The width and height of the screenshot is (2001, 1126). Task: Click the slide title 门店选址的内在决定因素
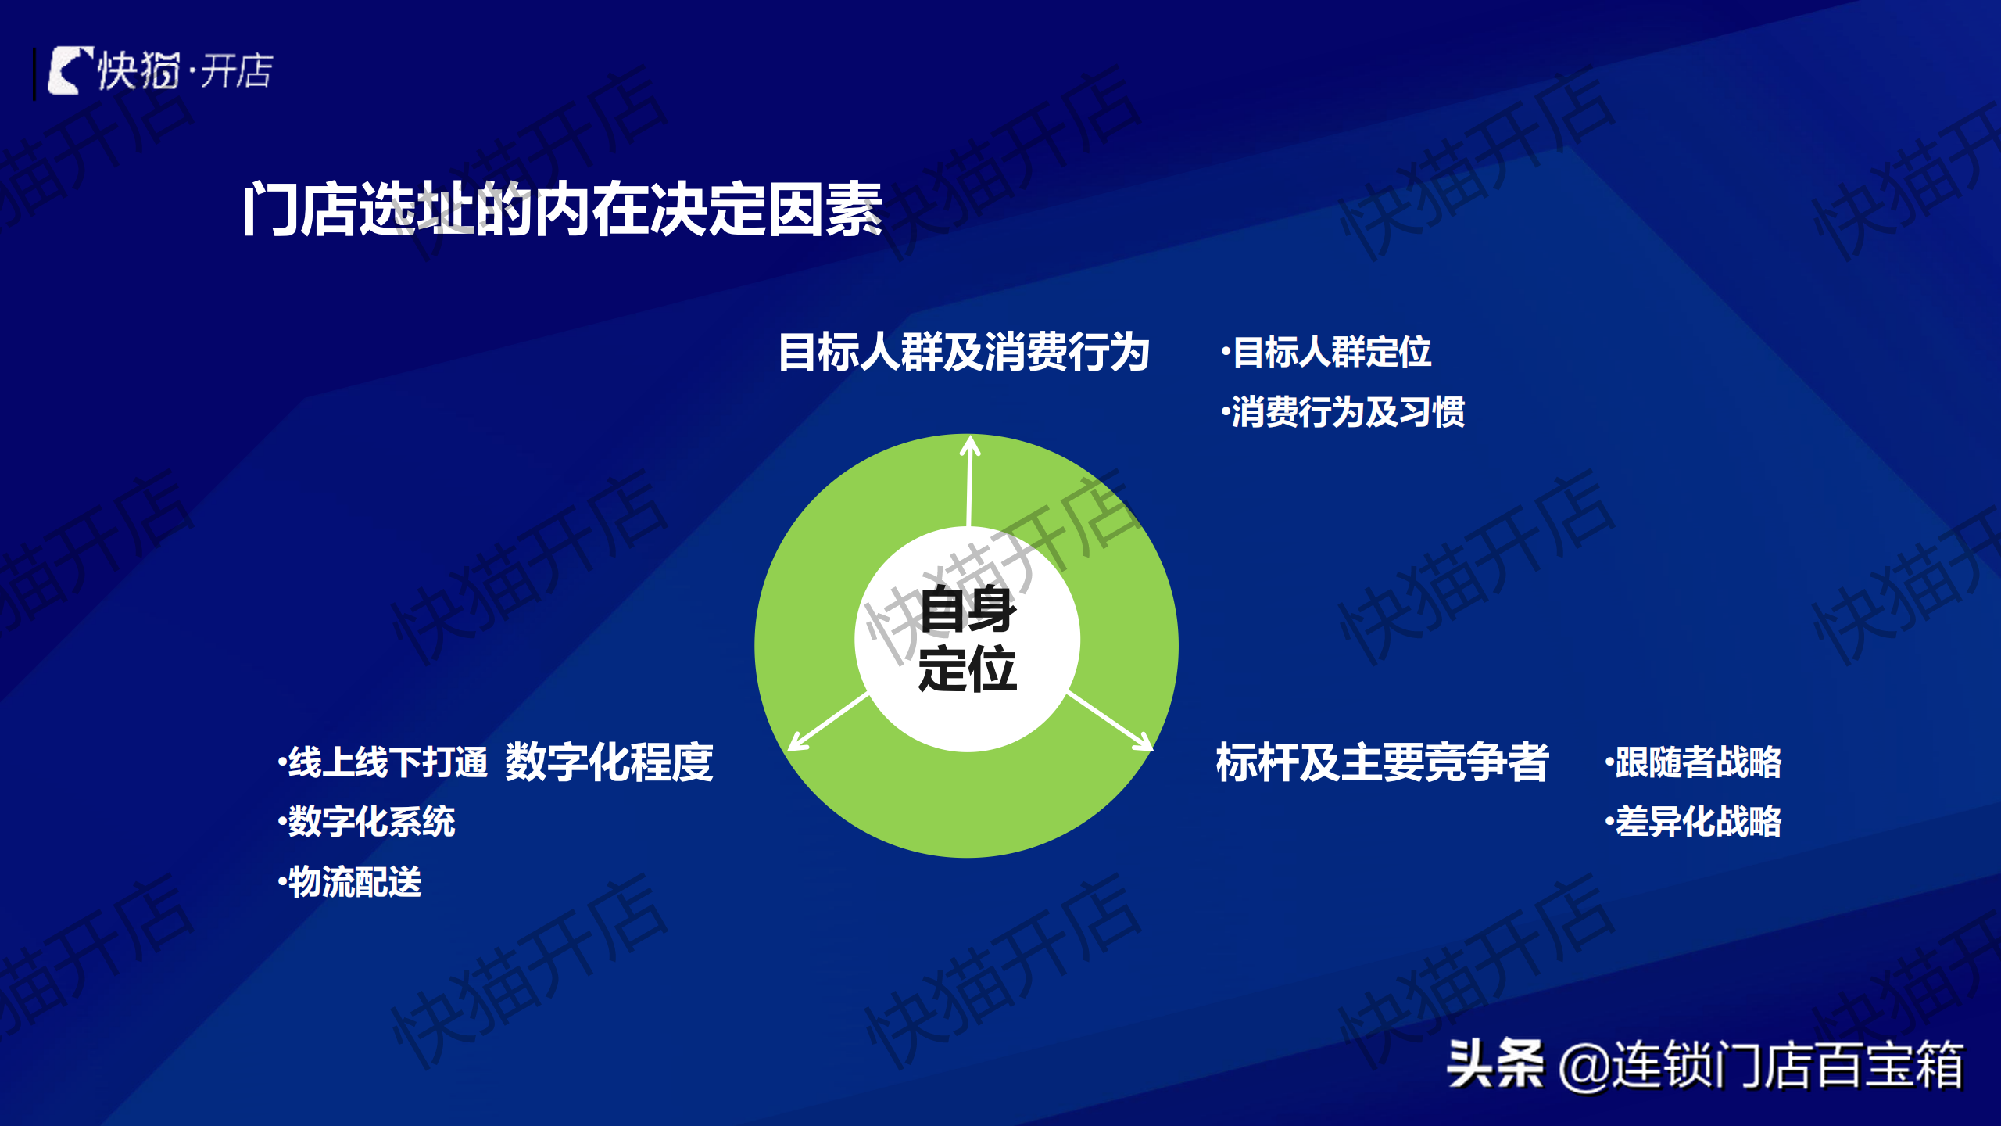pos(563,209)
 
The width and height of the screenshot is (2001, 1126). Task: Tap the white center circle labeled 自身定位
pos(968,639)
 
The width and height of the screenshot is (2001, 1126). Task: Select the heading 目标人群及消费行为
pos(964,352)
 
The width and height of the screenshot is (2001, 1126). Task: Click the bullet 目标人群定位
pos(1326,352)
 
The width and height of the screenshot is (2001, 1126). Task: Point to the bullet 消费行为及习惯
pos(1343,412)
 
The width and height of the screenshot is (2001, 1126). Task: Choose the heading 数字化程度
pos(609,762)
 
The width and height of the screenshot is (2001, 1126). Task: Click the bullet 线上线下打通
pos(382,762)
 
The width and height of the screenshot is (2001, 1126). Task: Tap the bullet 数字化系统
pos(367,822)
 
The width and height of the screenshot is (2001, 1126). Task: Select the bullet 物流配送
pos(349,882)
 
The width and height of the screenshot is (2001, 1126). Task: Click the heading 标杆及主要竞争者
pos(1382,762)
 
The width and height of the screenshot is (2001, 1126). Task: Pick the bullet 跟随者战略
pos(1693,762)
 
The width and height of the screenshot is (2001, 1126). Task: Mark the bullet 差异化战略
pos(1693,822)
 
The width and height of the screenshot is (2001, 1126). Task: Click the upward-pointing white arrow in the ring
pos(969,481)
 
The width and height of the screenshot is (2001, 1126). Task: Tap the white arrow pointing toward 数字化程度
pos(828,722)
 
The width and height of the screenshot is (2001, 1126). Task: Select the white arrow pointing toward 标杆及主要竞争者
pos(1110,720)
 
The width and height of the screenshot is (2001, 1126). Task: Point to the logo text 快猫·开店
pos(184,71)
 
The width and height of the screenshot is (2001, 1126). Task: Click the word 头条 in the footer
pos(1494,1064)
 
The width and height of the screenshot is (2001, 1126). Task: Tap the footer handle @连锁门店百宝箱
pos(1761,1065)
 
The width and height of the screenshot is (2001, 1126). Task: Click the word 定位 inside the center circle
pos(968,669)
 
